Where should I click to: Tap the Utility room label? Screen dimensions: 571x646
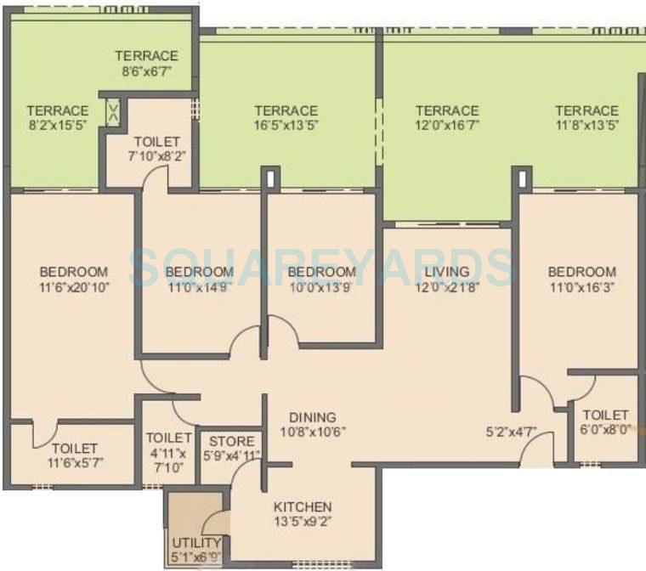[196, 543]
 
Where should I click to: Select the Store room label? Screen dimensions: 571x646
[231, 442]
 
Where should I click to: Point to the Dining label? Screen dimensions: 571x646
[312, 417]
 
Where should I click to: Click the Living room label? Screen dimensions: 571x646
[447, 272]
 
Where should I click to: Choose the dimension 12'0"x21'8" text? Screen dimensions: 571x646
[447, 287]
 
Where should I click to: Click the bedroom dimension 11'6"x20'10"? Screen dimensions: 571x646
[74, 287]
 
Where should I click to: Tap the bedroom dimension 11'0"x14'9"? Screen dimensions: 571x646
[199, 287]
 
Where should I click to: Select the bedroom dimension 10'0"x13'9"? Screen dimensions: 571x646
[321, 287]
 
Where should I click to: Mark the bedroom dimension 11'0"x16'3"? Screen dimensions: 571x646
[582, 287]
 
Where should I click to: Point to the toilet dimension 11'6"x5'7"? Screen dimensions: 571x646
[74, 464]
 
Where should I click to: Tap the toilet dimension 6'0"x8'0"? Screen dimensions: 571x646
[604, 430]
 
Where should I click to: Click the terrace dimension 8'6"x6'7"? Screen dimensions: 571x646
[146, 71]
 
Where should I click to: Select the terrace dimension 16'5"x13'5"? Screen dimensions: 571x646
[286, 126]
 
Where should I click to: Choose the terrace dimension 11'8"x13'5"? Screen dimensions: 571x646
[586, 126]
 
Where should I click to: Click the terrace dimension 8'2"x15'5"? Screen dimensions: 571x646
[57, 126]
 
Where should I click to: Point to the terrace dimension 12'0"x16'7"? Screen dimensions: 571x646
[447, 126]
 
